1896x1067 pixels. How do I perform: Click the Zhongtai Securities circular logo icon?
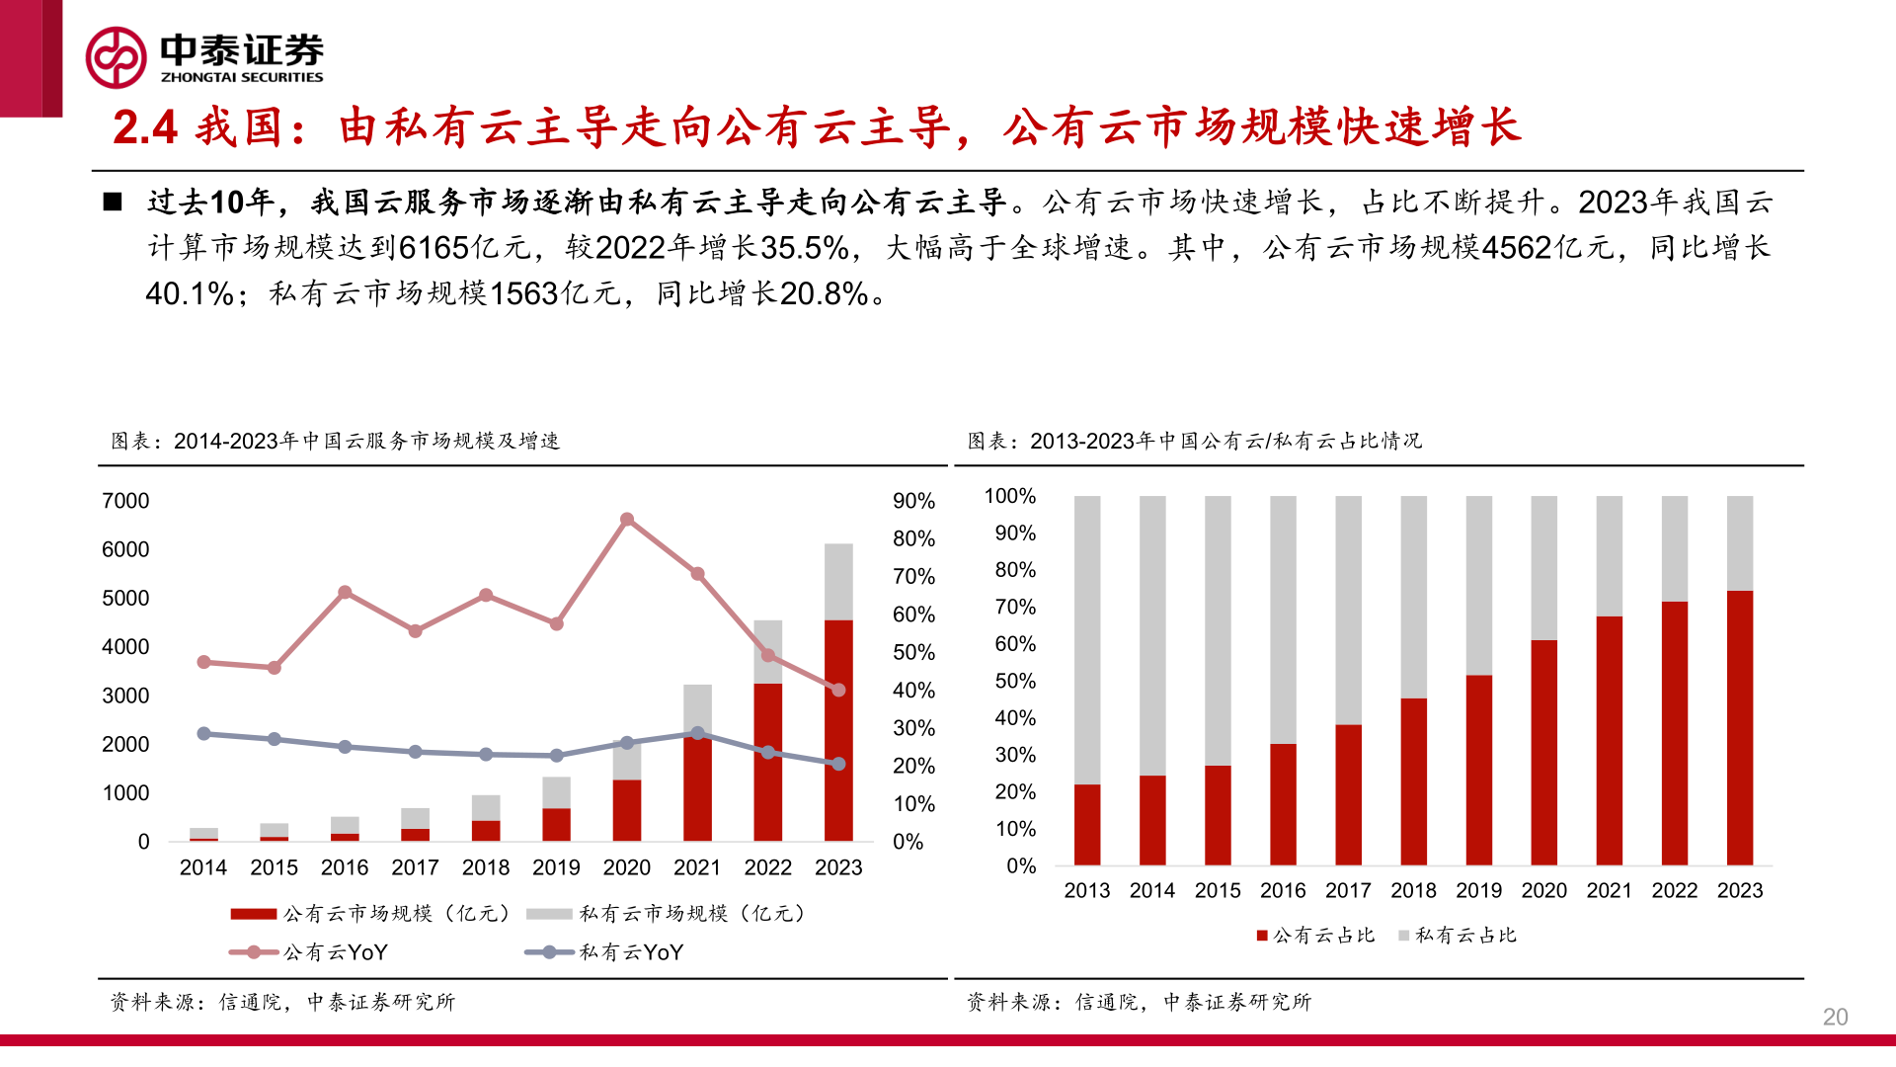117,57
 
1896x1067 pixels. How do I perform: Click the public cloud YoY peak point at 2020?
627,519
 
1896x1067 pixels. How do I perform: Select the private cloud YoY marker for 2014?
203,733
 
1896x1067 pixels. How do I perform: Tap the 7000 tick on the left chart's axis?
125,501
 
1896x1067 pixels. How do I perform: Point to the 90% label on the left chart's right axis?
913,501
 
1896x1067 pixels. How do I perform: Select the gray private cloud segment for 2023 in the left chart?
838,581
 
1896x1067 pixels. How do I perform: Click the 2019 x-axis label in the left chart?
556,867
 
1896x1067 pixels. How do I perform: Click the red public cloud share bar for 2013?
1087,825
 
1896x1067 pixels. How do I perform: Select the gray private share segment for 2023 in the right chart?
1740,542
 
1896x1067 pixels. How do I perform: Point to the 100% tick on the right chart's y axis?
1009,496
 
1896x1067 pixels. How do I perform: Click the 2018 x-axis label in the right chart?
1413,890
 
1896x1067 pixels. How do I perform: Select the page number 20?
1835,1017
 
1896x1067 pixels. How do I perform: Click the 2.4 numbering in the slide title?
145,127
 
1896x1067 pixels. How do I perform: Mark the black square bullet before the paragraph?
113,203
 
